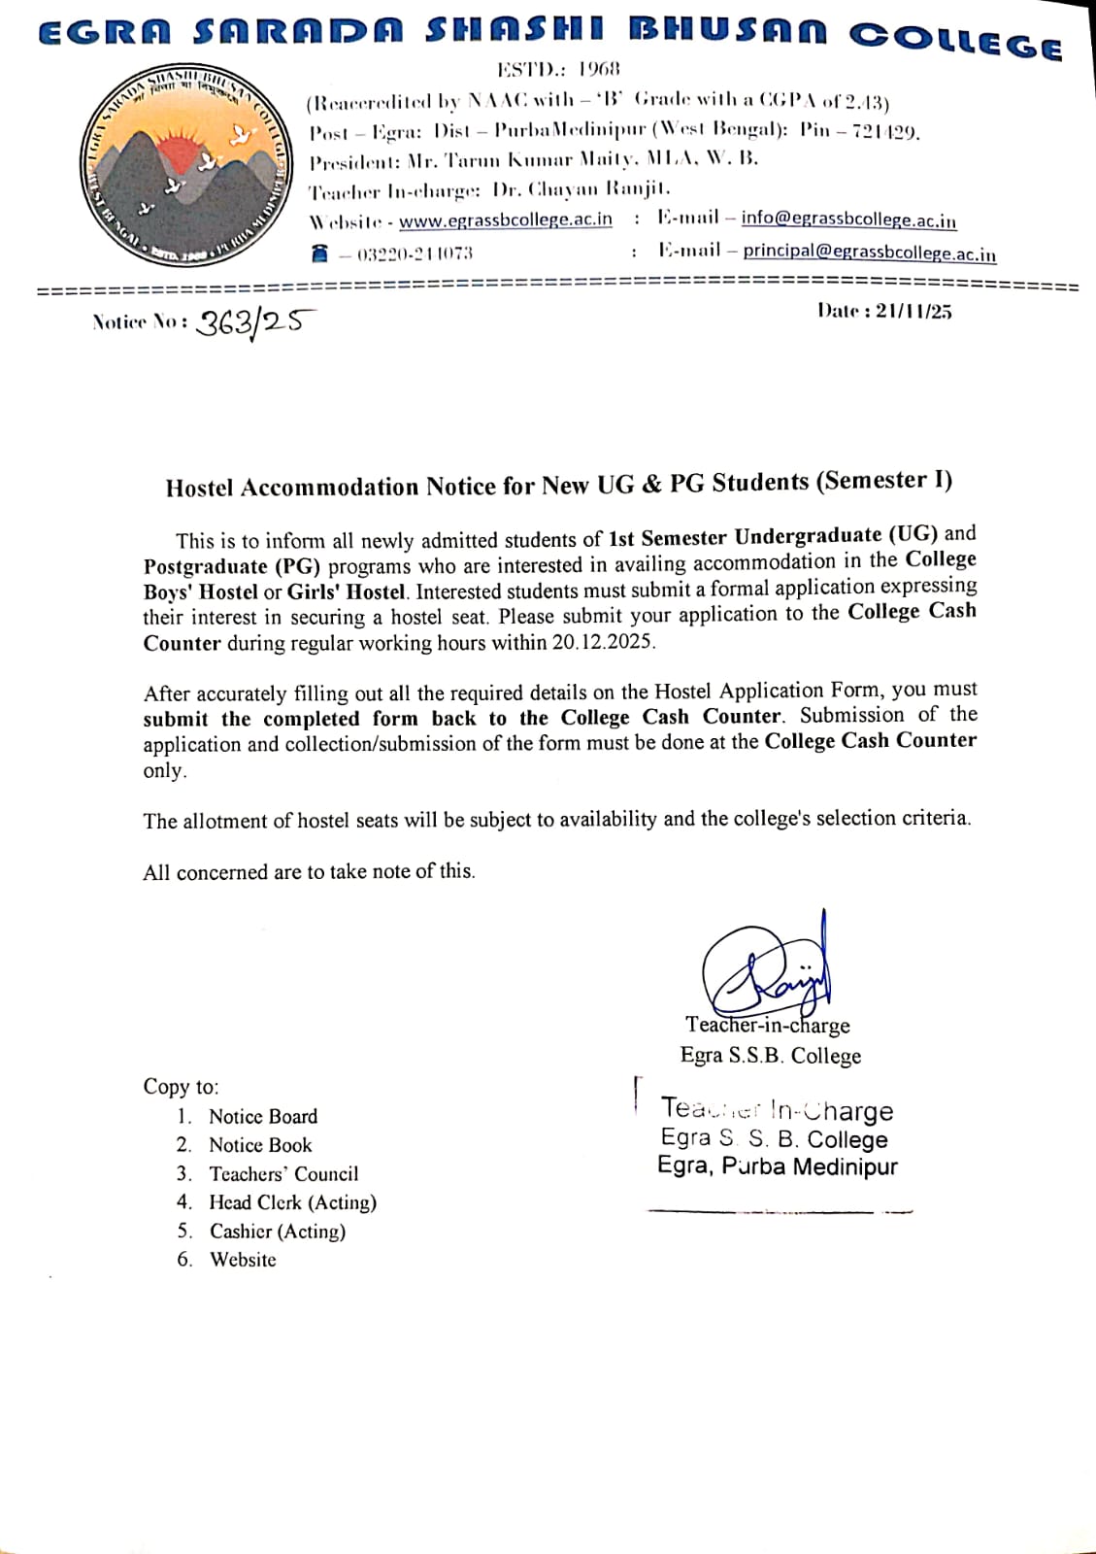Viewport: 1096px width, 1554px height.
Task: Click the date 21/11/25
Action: (913, 311)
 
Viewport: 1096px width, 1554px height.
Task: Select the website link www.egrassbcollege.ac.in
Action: (505, 220)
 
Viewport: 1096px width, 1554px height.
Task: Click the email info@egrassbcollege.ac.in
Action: (848, 220)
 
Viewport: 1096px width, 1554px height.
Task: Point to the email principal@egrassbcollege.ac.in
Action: (869, 252)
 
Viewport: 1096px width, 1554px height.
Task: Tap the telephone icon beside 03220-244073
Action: (319, 253)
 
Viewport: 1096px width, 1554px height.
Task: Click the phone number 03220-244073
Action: (415, 254)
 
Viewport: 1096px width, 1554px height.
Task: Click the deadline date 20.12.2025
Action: (604, 642)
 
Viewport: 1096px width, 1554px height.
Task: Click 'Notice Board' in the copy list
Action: (263, 1117)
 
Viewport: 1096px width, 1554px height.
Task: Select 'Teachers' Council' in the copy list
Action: (283, 1174)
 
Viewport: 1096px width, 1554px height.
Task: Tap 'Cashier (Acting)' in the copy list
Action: (278, 1232)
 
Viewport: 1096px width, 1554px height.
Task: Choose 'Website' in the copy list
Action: (243, 1260)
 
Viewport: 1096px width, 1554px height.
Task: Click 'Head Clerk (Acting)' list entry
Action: (292, 1202)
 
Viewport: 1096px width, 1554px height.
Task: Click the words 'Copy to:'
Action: (182, 1087)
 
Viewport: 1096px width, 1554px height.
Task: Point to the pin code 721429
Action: (884, 131)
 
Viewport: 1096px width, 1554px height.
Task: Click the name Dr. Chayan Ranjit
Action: (581, 188)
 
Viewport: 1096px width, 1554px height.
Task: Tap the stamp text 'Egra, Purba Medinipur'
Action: (777, 1166)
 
